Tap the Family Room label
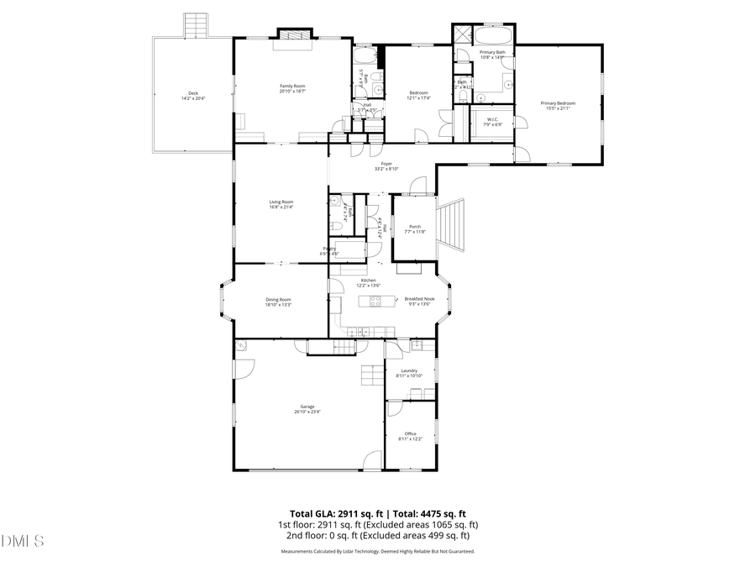tap(292, 87)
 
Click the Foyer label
tap(386, 165)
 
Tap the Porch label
tap(414, 228)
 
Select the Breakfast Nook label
tap(418, 301)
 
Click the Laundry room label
tap(409, 372)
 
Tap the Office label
tap(410, 436)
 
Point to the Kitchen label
tap(369, 282)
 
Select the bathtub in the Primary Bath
tap(494, 37)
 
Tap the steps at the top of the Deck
tap(196, 24)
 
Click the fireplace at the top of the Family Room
tap(295, 35)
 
